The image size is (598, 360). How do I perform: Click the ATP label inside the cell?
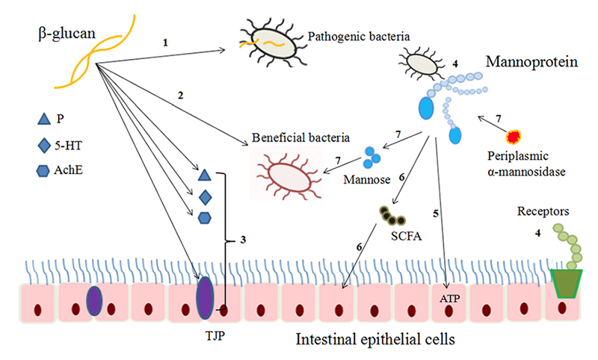(x=450, y=299)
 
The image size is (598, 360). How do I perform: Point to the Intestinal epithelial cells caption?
(x=376, y=338)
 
